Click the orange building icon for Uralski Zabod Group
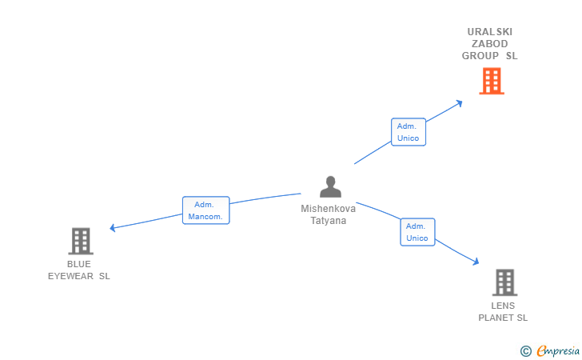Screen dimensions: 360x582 [492, 81]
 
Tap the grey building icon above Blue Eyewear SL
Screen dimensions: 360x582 [81, 241]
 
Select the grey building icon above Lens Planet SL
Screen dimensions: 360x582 [504, 282]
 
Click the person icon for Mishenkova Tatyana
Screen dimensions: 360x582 [330, 186]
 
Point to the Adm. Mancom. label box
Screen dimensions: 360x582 [205, 210]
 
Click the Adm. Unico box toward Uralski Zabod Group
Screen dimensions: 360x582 [408, 132]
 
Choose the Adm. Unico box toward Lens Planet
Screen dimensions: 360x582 [417, 232]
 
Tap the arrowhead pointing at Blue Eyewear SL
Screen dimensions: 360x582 [114, 228]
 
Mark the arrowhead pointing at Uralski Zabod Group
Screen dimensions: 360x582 [458, 102]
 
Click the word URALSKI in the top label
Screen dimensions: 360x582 [490, 32]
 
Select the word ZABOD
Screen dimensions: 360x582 [490, 44]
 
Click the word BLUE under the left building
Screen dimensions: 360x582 [79, 264]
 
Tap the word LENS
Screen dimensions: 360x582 [503, 306]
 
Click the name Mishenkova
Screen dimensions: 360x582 [329, 209]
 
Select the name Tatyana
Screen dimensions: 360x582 [329, 221]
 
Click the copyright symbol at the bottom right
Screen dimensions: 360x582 [525, 350]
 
